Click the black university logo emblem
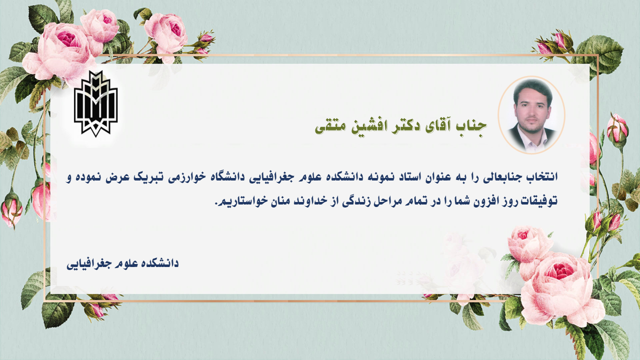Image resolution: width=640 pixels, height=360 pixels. point(95,103)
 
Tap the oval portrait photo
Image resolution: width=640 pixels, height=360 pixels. point(531,115)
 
